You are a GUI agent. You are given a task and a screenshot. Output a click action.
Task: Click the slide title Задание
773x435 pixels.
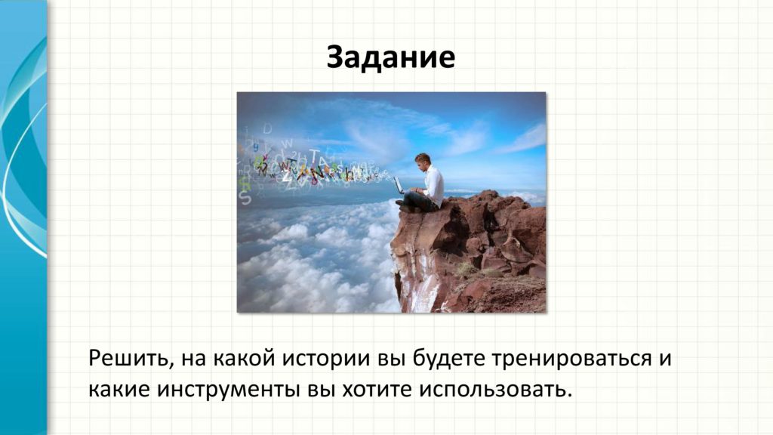[x=390, y=57]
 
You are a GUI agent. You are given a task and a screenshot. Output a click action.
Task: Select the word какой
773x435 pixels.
[x=244, y=359]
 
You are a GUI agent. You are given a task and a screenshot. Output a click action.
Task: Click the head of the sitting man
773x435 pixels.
[x=423, y=160]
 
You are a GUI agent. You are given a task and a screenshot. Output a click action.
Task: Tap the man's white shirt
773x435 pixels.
[x=433, y=186]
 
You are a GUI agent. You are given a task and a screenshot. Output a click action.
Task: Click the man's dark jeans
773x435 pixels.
[x=420, y=201]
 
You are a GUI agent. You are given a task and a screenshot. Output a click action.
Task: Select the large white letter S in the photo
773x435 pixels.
[x=245, y=197]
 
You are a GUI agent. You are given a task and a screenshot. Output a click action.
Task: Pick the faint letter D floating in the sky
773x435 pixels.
[x=267, y=128]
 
